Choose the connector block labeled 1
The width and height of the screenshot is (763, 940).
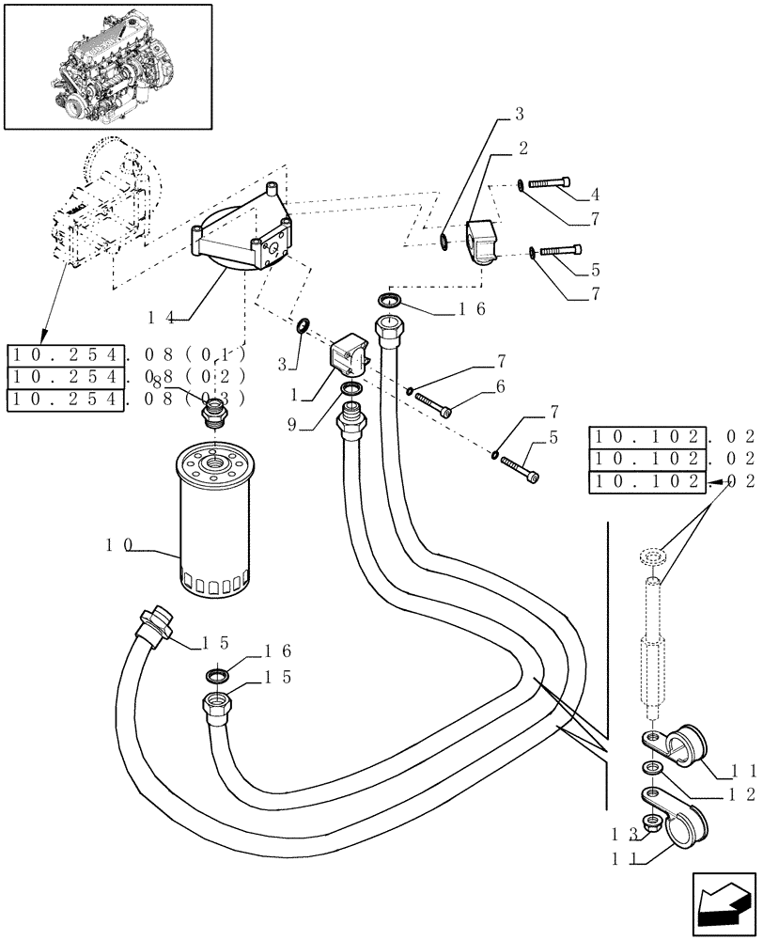pyautogui.click(x=350, y=357)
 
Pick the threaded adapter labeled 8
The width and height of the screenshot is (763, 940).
pyautogui.click(x=215, y=414)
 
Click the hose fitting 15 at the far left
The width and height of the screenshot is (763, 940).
pyautogui.click(x=154, y=626)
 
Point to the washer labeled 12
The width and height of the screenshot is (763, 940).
pyautogui.click(x=651, y=770)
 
